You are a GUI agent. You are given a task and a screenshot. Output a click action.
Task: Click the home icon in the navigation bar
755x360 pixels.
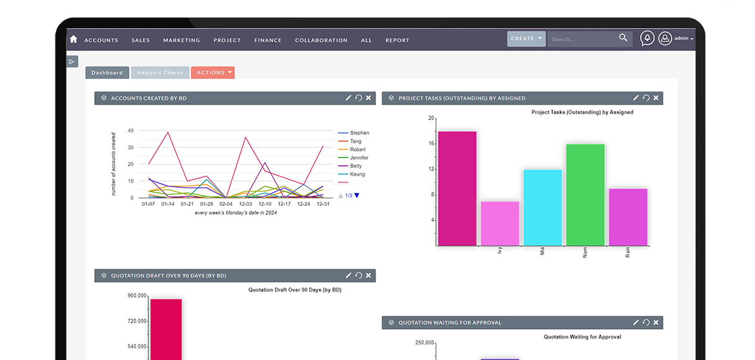(73, 39)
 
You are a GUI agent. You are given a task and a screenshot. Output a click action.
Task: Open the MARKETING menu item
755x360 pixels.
(181, 41)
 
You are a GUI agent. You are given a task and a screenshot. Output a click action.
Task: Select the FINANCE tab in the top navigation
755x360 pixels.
(268, 41)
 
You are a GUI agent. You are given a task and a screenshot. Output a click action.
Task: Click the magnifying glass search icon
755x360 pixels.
(623, 38)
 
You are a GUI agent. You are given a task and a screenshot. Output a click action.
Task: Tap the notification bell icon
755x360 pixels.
(647, 39)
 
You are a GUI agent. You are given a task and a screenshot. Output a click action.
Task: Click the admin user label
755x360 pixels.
(681, 39)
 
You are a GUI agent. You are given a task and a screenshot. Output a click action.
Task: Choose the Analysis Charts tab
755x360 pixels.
(160, 73)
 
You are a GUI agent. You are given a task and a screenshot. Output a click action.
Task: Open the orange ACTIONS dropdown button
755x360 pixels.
(213, 73)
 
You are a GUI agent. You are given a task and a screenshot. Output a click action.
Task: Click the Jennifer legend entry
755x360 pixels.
(359, 158)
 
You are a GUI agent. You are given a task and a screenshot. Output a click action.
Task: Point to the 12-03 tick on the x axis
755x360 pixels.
(245, 204)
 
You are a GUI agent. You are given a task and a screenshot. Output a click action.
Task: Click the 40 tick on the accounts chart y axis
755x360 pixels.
(130, 130)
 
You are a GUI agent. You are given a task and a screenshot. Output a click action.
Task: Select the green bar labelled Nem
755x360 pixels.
(585, 195)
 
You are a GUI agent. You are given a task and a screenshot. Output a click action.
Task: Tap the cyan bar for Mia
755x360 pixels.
(543, 208)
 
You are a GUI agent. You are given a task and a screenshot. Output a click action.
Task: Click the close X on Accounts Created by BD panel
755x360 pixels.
(368, 97)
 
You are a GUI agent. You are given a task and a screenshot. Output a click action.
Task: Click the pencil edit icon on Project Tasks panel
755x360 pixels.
(636, 97)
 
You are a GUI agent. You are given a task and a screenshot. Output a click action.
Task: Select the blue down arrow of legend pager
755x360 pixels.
(357, 195)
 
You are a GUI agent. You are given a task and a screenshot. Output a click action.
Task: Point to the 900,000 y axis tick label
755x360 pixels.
(137, 295)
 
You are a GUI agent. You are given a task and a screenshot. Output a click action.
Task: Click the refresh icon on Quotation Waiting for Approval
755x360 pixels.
(646, 323)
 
